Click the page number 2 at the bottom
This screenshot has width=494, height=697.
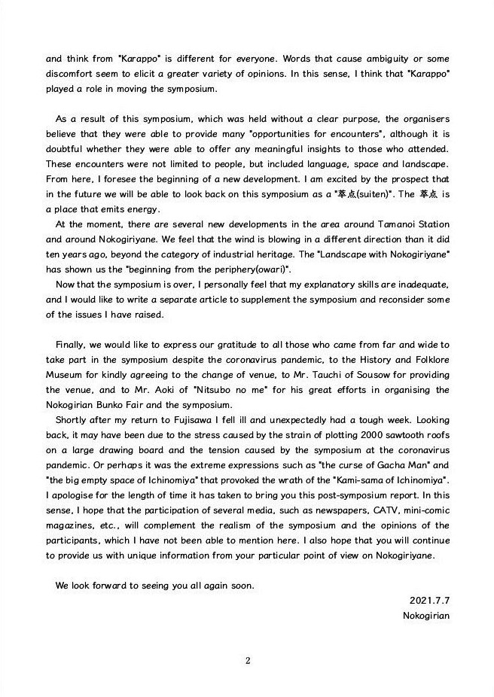coord(248,662)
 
